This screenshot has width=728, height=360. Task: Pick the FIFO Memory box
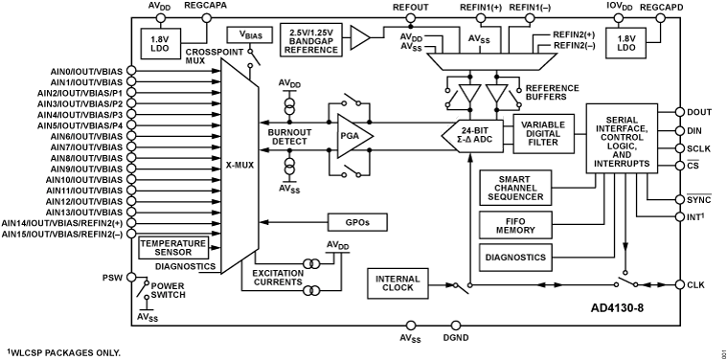[516, 225]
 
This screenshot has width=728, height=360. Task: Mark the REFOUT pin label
[410, 7]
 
